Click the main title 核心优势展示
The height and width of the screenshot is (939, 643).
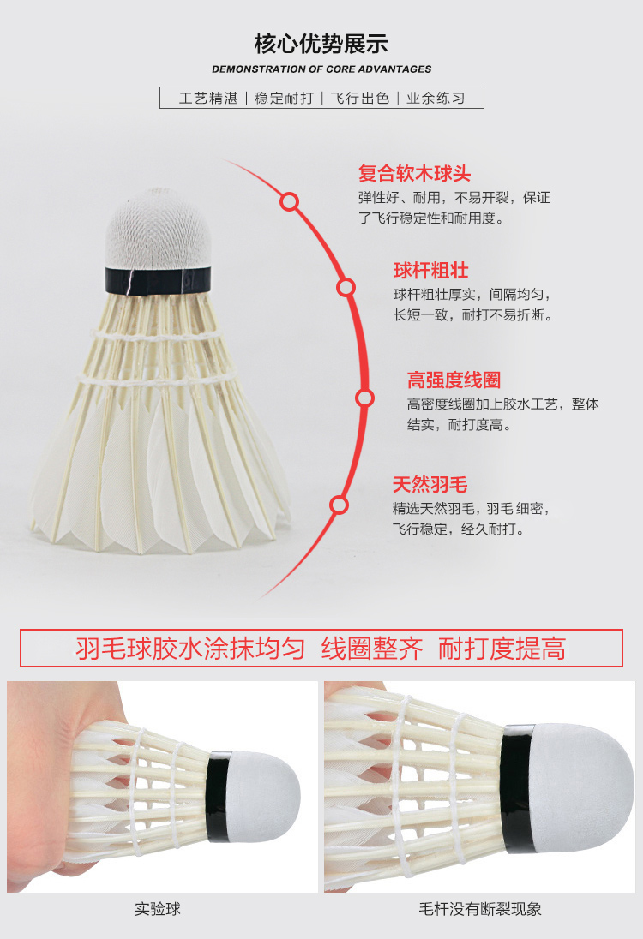point(321,44)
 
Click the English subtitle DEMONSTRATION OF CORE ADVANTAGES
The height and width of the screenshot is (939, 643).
point(321,69)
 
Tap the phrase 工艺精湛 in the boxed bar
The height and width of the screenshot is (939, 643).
point(208,98)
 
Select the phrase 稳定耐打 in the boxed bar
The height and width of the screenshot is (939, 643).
point(284,98)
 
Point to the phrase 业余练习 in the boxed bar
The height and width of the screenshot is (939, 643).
point(435,98)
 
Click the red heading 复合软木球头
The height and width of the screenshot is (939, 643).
point(414,174)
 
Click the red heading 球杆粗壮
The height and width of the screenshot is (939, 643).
point(430,271)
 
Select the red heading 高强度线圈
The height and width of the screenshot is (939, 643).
point(454,380)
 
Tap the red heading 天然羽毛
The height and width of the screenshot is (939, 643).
point(430,485)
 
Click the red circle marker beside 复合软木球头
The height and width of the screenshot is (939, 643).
point(290,202)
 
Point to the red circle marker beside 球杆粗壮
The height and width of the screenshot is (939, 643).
point(346,287)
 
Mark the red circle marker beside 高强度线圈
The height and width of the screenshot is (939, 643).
point(365,398)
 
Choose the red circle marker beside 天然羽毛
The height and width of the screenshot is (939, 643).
point(340,505)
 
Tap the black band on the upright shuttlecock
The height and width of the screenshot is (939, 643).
point(159,279)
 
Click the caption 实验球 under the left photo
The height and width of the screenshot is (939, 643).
point(158,909)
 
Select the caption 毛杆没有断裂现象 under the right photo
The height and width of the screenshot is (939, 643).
point(480,909)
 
